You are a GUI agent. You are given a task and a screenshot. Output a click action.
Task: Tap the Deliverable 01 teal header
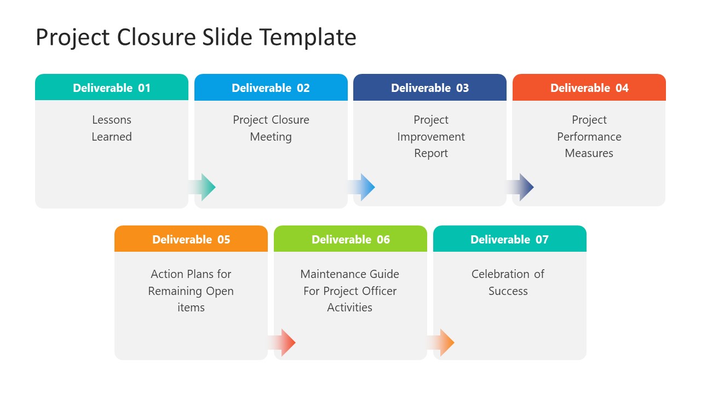pos(112,88)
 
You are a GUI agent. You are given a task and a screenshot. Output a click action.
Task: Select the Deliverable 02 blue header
pos(271,88)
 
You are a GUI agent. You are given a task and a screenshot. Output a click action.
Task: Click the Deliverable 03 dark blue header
pos(430,88)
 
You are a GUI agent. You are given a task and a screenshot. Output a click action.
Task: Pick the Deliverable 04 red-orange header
pos(589,88)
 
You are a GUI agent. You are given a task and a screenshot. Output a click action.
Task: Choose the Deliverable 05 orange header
pos(191,239)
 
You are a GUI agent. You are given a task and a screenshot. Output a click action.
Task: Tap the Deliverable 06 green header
pos(350,239)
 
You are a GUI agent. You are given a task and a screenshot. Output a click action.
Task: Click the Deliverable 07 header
pos(509,239)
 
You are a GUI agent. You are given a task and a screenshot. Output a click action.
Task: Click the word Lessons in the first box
pos(112,120)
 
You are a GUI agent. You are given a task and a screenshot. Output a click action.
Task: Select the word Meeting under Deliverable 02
pos(271,137)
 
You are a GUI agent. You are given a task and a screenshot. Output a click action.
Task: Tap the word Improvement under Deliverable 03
pos(431,137)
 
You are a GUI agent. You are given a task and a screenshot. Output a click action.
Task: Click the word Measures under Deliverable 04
pos(589,153)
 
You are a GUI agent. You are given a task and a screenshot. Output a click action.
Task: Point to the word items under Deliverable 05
pos(191,308)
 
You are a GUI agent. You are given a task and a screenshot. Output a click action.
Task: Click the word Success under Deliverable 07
pos(508,291)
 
